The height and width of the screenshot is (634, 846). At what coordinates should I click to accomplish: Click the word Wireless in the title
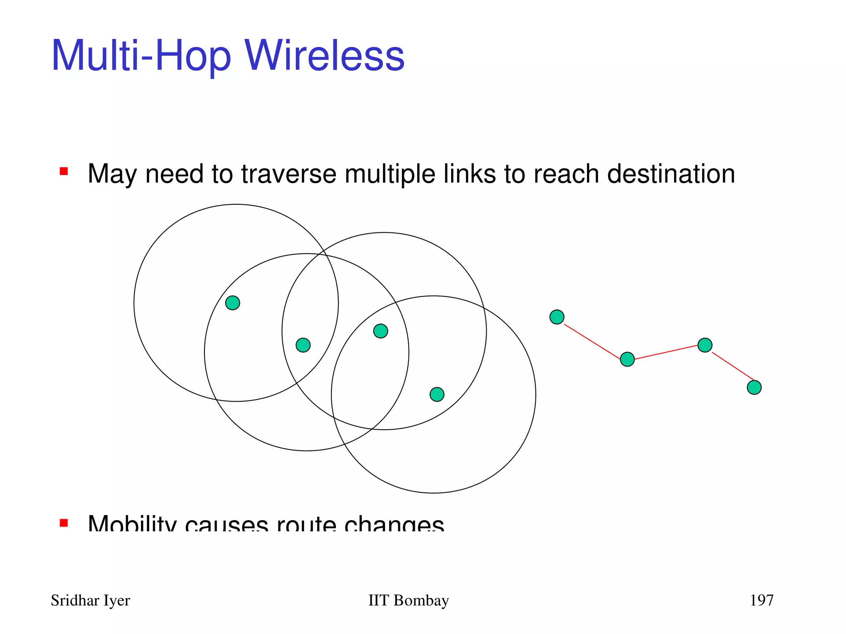[x=325, y=56]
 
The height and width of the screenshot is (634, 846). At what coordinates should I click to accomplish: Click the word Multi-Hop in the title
[x=141, y=56]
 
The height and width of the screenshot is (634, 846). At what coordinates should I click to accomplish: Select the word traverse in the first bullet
[x=289, y=174]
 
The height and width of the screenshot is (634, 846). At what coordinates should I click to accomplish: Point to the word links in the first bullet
[x=469, y=174]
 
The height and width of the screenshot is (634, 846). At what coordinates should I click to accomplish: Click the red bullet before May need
[x=64, y=171]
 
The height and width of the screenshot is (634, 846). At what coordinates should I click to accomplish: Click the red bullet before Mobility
[x=64, y=523]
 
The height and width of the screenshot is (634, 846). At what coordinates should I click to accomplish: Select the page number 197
[x=761, y=600]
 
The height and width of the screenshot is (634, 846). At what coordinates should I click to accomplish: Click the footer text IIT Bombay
[x=408, y=600]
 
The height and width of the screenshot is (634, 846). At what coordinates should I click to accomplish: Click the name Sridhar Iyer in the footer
[x=90, y=600]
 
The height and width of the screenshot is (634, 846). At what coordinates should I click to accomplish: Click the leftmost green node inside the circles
[x=233, y=303]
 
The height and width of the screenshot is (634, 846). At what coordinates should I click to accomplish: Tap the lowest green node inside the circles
[x=437, y=394]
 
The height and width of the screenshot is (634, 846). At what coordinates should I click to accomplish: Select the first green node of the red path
[x=557, y=317]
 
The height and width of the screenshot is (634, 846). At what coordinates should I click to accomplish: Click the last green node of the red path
[x=754, y=387]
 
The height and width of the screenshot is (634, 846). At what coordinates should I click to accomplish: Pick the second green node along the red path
[x=627, y=359]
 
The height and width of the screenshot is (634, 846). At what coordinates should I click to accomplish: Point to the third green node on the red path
[x=705, y=345]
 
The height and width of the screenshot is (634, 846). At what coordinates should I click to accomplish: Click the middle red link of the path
[x=666, y=352]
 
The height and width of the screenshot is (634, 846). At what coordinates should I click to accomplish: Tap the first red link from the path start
[x=592, y=342]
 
